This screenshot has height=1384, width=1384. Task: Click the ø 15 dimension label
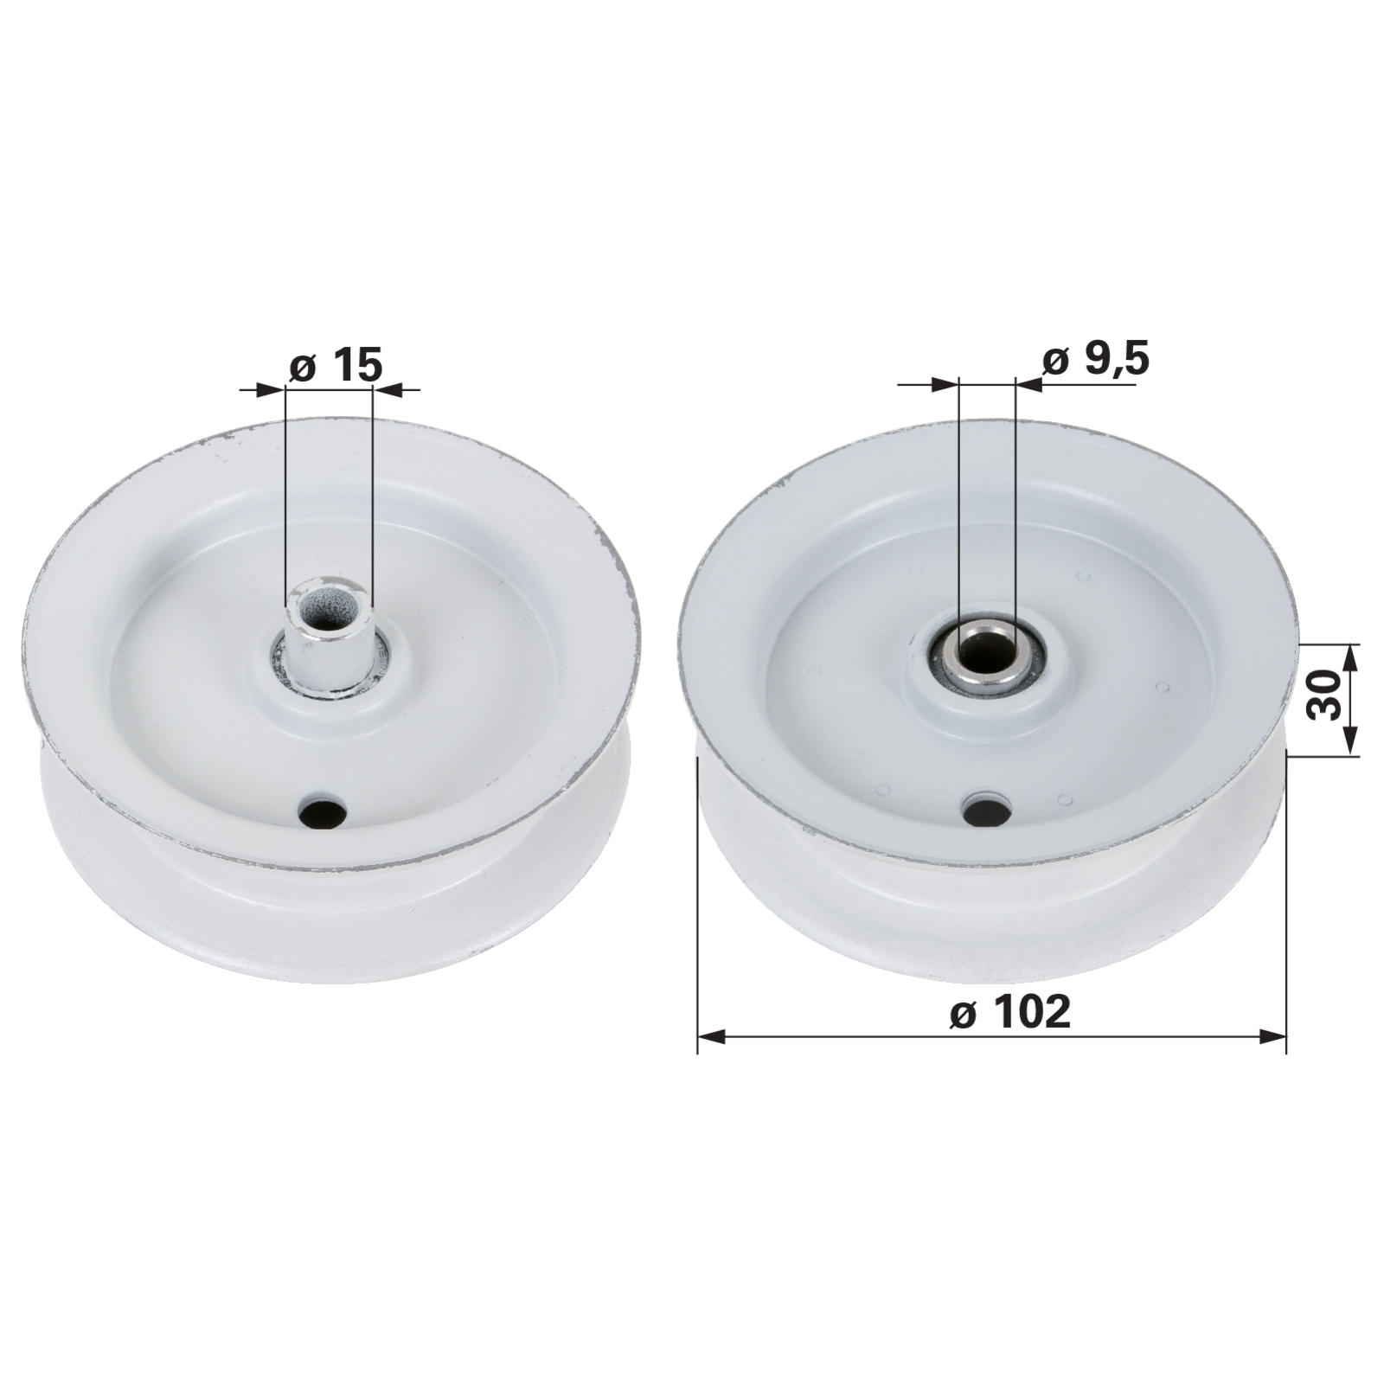335,366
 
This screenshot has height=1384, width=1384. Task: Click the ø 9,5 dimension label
1096,359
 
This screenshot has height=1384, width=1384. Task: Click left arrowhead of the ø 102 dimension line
710,1036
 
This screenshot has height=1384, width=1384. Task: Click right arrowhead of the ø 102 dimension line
1272,1036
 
